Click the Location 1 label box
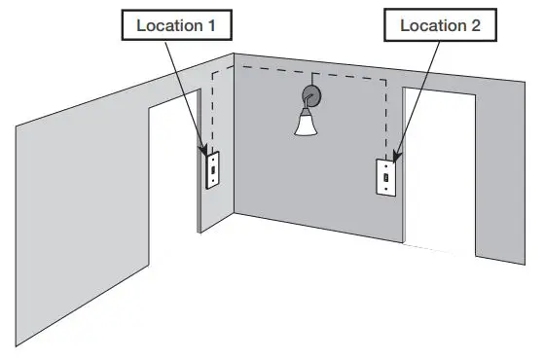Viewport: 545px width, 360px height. point(176,25)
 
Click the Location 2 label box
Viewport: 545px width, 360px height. point(440,25)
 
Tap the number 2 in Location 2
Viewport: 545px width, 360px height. point(475,25)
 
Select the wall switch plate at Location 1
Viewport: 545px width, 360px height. point(210,171)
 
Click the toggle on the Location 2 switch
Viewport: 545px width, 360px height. point(385,180)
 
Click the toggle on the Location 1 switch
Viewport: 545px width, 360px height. point(210,171)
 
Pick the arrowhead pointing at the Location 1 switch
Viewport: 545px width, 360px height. point(206,151)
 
